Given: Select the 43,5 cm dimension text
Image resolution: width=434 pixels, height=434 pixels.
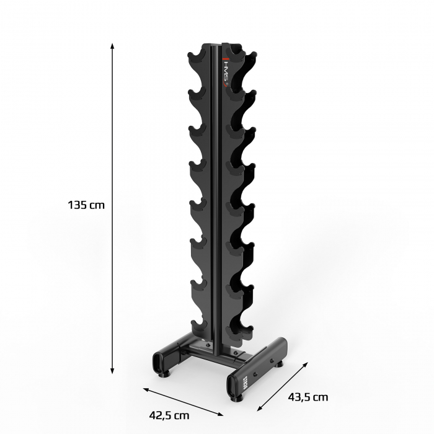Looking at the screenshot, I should pyautogui.click(x=308, y=397).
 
